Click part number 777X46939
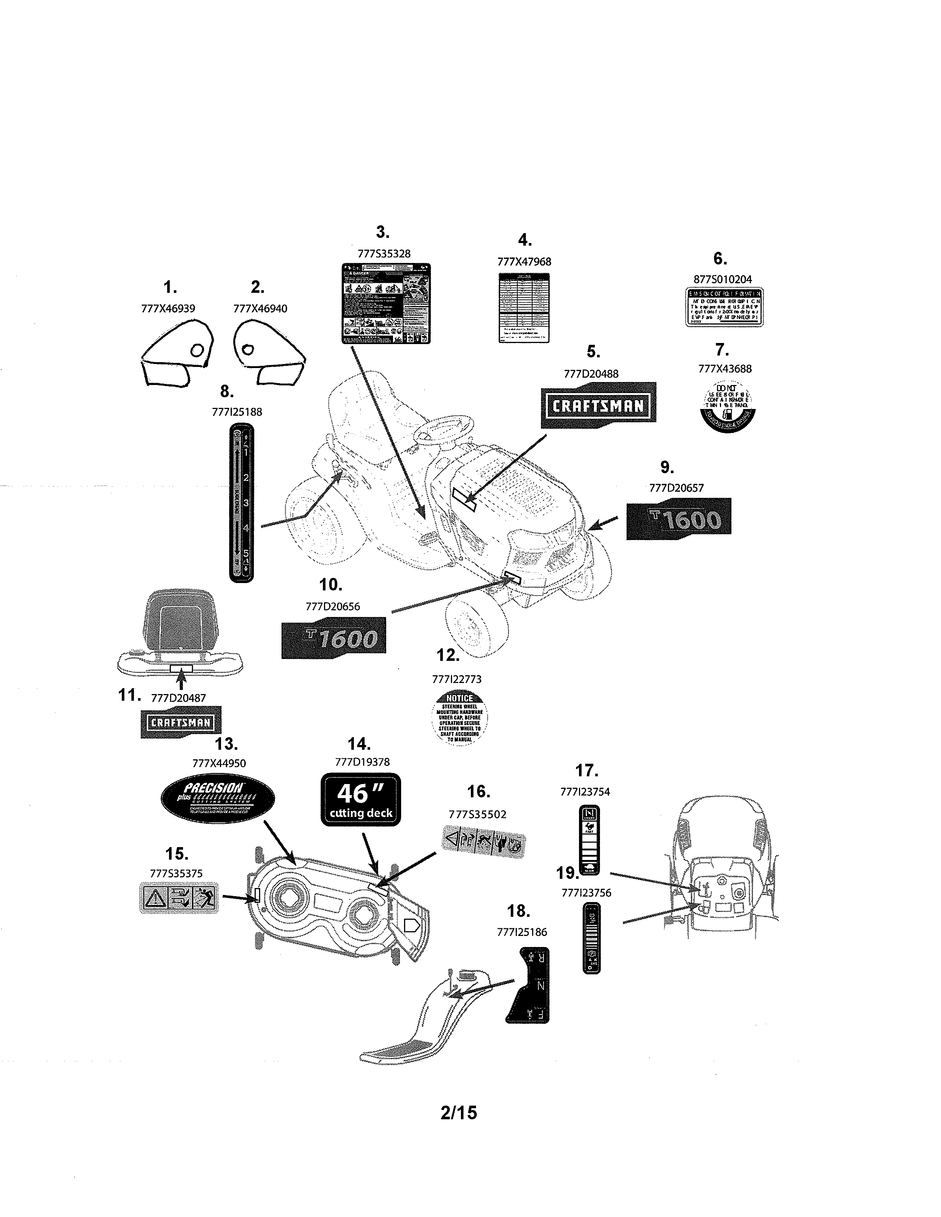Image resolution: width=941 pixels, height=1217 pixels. click(168, 308)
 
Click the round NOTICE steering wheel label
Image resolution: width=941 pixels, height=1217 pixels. click(459, 717)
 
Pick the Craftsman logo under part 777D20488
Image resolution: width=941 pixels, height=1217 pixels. click(598, 405)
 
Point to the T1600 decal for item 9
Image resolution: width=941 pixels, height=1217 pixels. click(678, 519)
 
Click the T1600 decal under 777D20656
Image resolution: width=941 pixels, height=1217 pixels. click(333, 638)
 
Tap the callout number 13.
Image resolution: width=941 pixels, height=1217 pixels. click(226, 744)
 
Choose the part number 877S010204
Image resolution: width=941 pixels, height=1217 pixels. click(723, 279)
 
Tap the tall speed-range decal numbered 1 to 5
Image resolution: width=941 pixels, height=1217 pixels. click(241, 503)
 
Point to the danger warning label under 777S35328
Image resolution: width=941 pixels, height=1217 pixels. click(386, 303)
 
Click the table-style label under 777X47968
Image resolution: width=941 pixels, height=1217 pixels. click(524, 308)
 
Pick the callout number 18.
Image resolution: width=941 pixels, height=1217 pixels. click(518, 911)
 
